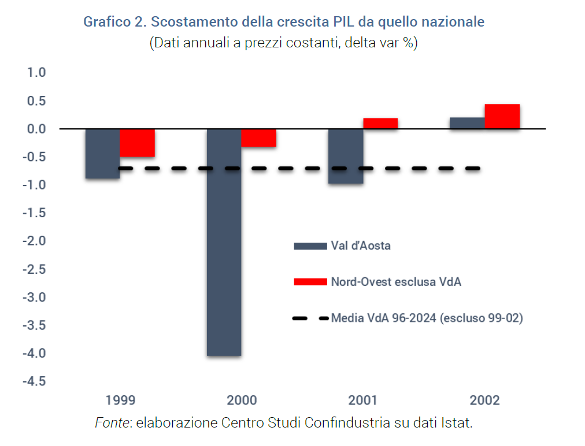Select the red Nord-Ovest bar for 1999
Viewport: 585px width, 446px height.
138,143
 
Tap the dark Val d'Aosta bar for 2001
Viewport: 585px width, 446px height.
346,156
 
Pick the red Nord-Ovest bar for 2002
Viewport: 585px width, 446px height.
502,117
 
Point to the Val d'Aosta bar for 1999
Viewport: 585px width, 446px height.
103,154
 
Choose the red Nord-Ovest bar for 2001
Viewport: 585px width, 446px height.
380,123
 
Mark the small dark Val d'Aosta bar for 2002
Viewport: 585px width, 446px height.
467,123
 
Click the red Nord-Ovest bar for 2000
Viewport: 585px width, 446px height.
259,137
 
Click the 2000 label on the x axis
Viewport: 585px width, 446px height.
242,400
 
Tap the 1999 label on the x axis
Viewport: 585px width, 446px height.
120,400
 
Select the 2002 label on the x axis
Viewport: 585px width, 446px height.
484,400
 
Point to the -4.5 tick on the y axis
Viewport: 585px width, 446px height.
34,381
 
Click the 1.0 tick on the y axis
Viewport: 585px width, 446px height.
36,73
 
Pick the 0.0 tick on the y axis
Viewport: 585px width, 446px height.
36,129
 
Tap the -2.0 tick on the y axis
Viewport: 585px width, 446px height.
34,241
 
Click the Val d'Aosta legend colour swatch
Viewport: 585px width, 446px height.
310,246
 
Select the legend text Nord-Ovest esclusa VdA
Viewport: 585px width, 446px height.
396,282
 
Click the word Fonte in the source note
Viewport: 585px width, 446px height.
112,423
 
